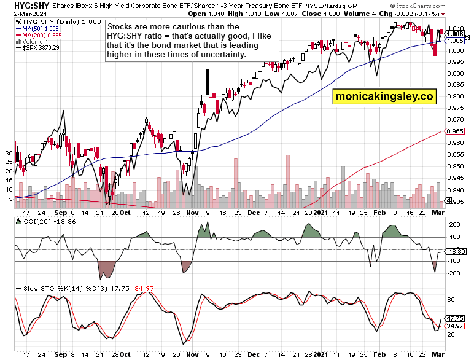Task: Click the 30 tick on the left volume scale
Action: [x=9, y=152]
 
